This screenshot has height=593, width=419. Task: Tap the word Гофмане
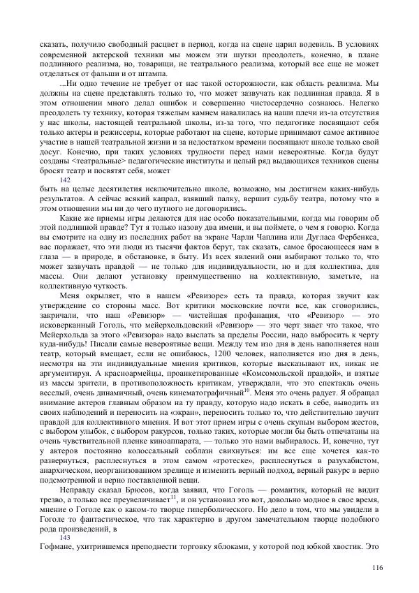tap(59, 547)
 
